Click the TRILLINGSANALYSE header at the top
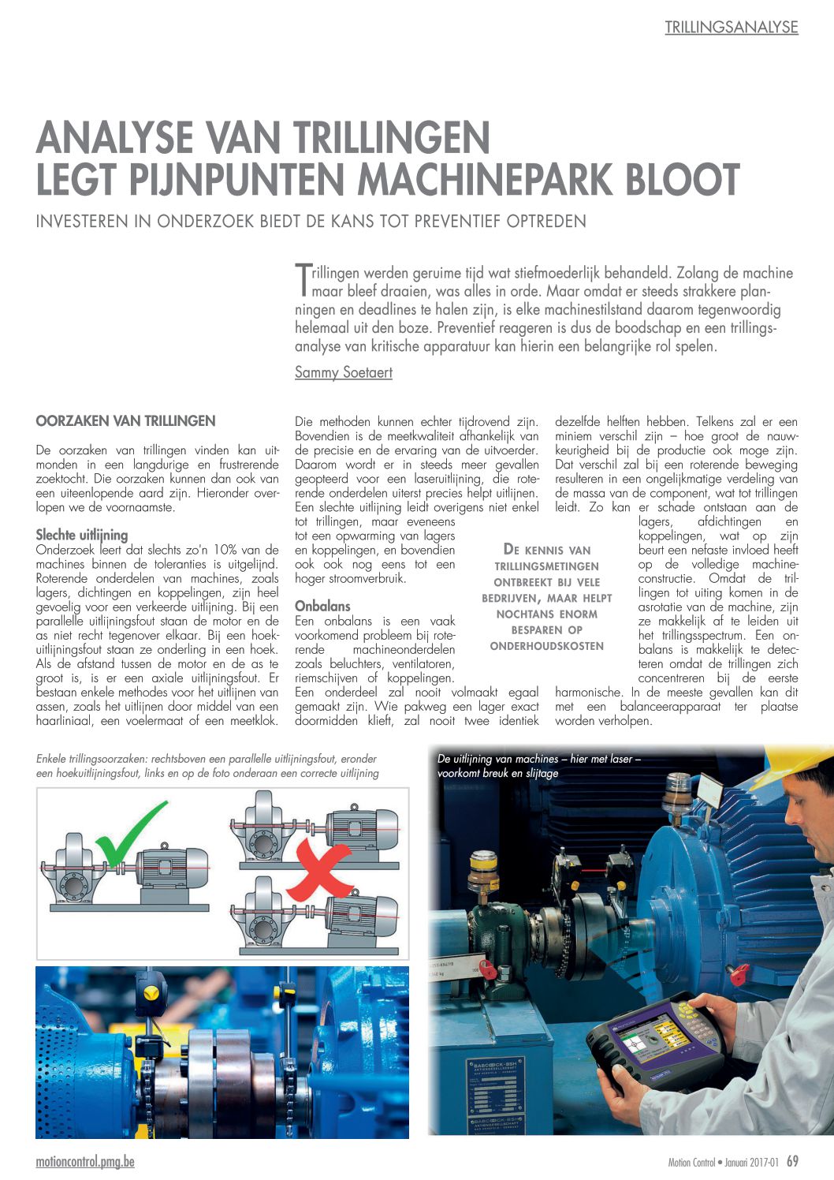click(x=731, y=27)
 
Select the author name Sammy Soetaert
click(x=343, y=372)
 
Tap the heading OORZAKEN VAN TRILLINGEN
click(x=125, y=421)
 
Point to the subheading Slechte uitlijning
click(x=82, y=535)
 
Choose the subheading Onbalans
click(x=322, y=606)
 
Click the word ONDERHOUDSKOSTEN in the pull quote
click(x=546, y=646)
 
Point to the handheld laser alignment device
click(x=656, y=1039)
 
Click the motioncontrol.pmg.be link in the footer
click(x=85, y=1162)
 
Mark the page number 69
click(x=792, y=1161)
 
